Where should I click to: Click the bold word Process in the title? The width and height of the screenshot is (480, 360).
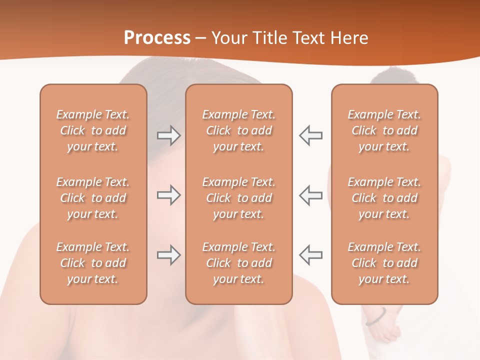click(157, 37)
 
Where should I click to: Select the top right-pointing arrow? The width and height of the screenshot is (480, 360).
click(168, 135)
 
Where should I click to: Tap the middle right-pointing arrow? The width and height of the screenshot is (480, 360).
click(168, 195)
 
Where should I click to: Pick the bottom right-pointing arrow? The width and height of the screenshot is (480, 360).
click(168, 255)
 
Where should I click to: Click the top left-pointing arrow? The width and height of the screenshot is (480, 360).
click(311, 135)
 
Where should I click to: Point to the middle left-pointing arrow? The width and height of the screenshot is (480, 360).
click(311, 195)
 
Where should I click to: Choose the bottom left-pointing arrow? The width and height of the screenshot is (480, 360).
click(311, 255)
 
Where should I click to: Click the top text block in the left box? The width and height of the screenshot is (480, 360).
click(93, 130)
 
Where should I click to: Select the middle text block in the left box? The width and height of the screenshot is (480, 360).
click(93, 198)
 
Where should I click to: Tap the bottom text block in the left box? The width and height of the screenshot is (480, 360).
click(93, 263)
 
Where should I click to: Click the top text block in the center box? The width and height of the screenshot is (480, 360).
click(239, 130)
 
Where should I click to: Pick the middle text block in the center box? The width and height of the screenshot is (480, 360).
click(239, 198)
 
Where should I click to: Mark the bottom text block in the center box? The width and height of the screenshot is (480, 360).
click(239, 263)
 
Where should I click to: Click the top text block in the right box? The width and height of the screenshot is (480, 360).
click(384, 130)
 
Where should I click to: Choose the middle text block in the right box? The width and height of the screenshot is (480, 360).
click(384, 198)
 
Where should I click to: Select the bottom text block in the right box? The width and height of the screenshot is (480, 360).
click(384, 263)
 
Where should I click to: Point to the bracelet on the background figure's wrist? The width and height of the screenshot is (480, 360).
click(376, 317)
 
